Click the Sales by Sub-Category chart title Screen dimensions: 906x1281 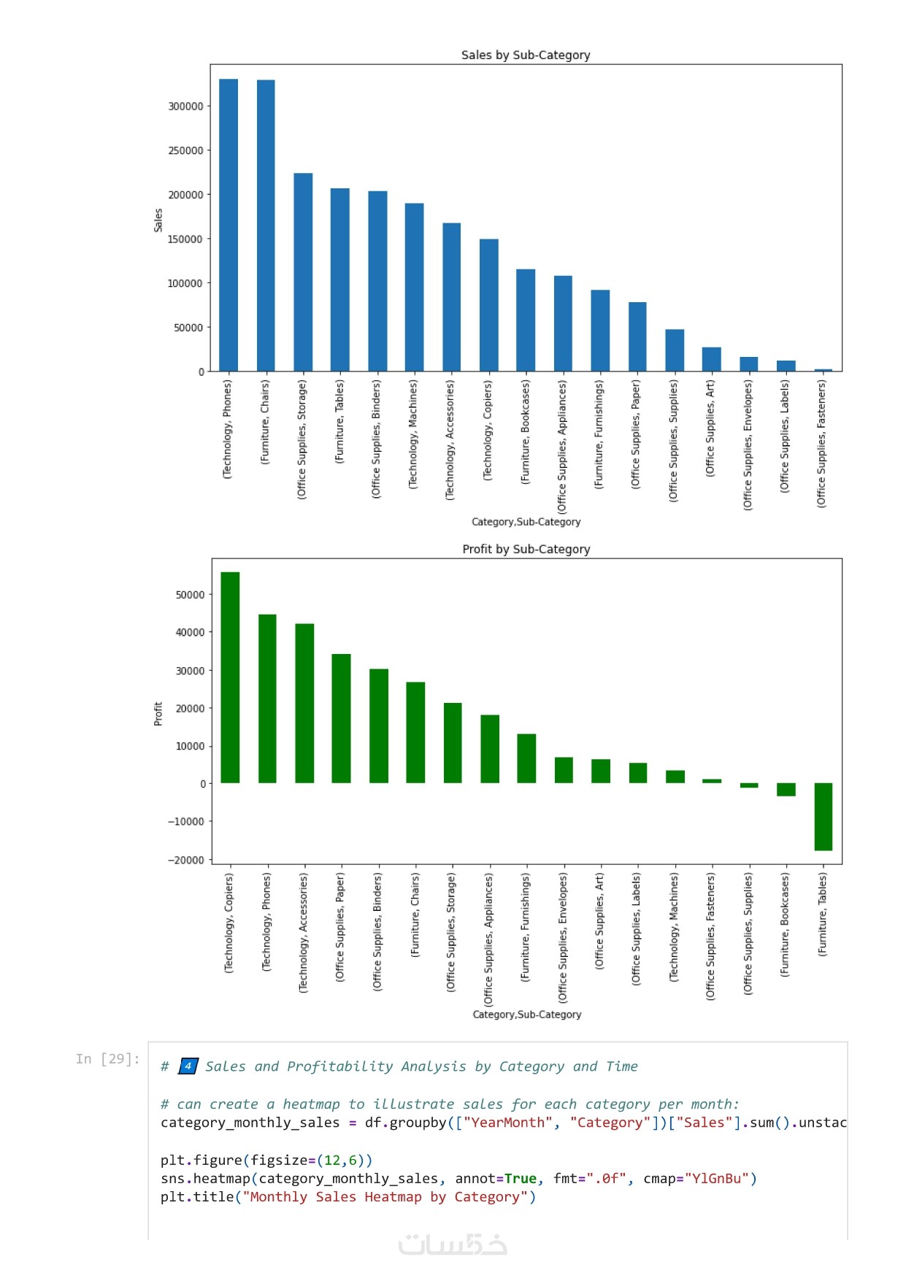point(526,55)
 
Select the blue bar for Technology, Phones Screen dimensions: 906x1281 point(229,225)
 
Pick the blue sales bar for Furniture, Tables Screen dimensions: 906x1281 point(339,280)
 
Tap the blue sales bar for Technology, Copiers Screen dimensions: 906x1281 point(489,305)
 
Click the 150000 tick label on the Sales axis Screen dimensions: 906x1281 point(185,239)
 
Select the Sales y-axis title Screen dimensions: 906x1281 point(158,220)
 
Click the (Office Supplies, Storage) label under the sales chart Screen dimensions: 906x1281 point(302,439)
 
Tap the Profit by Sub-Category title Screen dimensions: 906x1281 point(526,549)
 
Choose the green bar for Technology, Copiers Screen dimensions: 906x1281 point(230,677)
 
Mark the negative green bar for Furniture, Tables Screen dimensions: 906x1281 point(824,817)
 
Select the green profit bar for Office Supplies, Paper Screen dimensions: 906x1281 point(341,718)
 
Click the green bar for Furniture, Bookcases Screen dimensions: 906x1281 point(786,789)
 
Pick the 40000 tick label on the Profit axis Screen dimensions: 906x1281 point(190,632)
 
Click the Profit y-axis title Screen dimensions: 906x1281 point(158,714)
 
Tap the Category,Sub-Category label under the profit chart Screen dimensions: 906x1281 point(527,1015)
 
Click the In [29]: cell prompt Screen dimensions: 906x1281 point(108,1059)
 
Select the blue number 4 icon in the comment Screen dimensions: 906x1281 point(188,1066)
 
